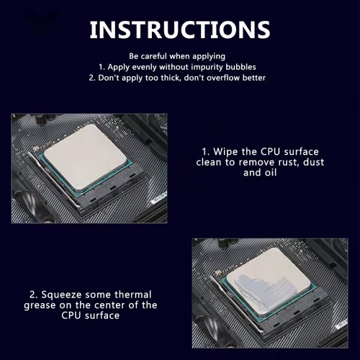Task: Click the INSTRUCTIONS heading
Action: pos(180,30)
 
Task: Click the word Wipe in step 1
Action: pos(226,152)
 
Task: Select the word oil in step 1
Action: pos(271,173)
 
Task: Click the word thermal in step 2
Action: pos(133,294)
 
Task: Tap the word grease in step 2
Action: pos(40,306)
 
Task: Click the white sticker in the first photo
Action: pos(159,198)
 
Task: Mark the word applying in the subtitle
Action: pos(209,57)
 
